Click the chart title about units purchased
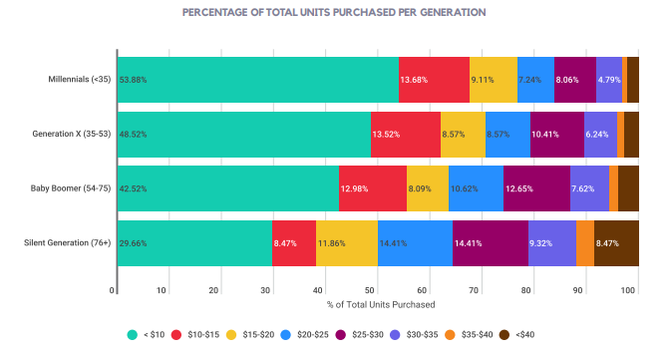click(334, 13)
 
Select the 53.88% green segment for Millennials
click(257, 79)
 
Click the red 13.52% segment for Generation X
click(406, 134)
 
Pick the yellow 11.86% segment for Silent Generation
click(347, 242)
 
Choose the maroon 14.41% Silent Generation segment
click(491, 242)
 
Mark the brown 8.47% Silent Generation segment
click(616, 242)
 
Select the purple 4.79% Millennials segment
click(608, 79)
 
